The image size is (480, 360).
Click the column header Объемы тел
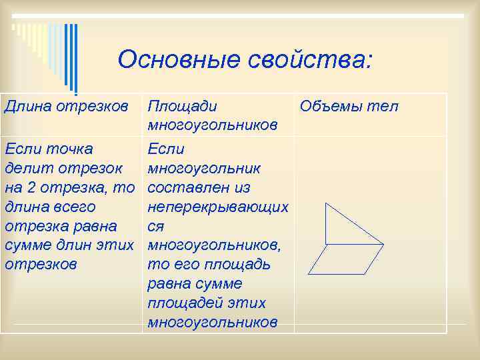(x=349, y=106)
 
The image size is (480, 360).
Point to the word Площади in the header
(x=181, y=106)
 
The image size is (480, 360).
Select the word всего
(x=73, y=207)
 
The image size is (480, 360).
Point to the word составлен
(x=192, y=187)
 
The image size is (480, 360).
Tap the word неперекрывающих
(x=217, y=207)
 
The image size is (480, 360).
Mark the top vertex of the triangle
(x=325, y=203)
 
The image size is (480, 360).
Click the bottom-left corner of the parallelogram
(x=308, y=274)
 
